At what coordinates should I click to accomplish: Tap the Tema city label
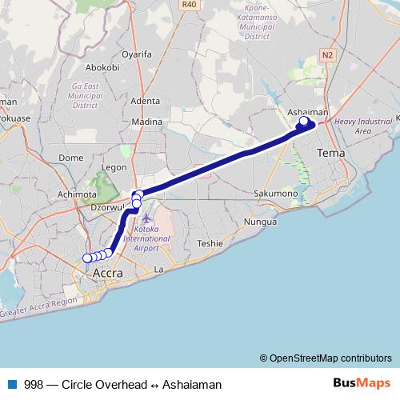330,152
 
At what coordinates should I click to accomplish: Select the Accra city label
108,274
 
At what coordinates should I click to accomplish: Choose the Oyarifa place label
136,55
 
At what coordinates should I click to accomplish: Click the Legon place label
115,168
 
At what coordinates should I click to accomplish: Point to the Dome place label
72,158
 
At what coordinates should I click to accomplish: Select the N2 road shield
327,54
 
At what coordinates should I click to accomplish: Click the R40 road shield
189,4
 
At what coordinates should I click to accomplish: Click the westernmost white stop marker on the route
87,258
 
